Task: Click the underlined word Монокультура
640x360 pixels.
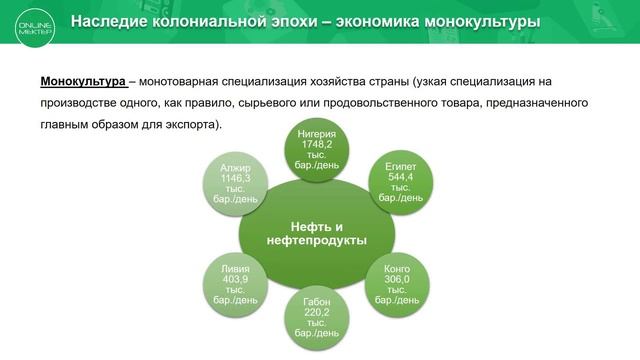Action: pyautogui.click(x=82, y=81)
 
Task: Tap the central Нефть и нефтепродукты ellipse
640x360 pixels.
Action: pyautogui.click(x=316, y=232)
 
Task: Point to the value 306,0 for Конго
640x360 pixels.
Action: pyautogui.click(x=397, y=280)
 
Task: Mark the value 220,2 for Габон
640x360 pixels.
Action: pyautogui.click(x=316, y=311)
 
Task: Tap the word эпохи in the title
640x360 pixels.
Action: pyautogui.click(x=284, y=21)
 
